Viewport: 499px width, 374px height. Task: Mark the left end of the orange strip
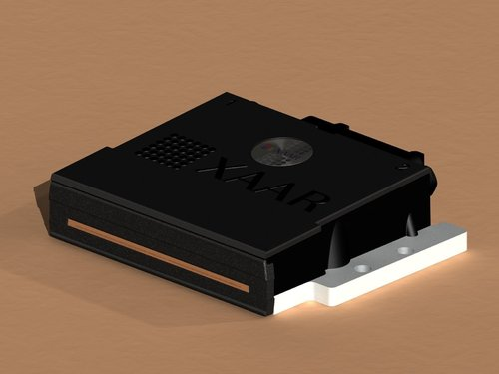tap(72, 225)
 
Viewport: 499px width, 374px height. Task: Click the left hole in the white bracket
tap(359, 268)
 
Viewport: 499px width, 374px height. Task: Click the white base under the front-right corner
tap(299, 299)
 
